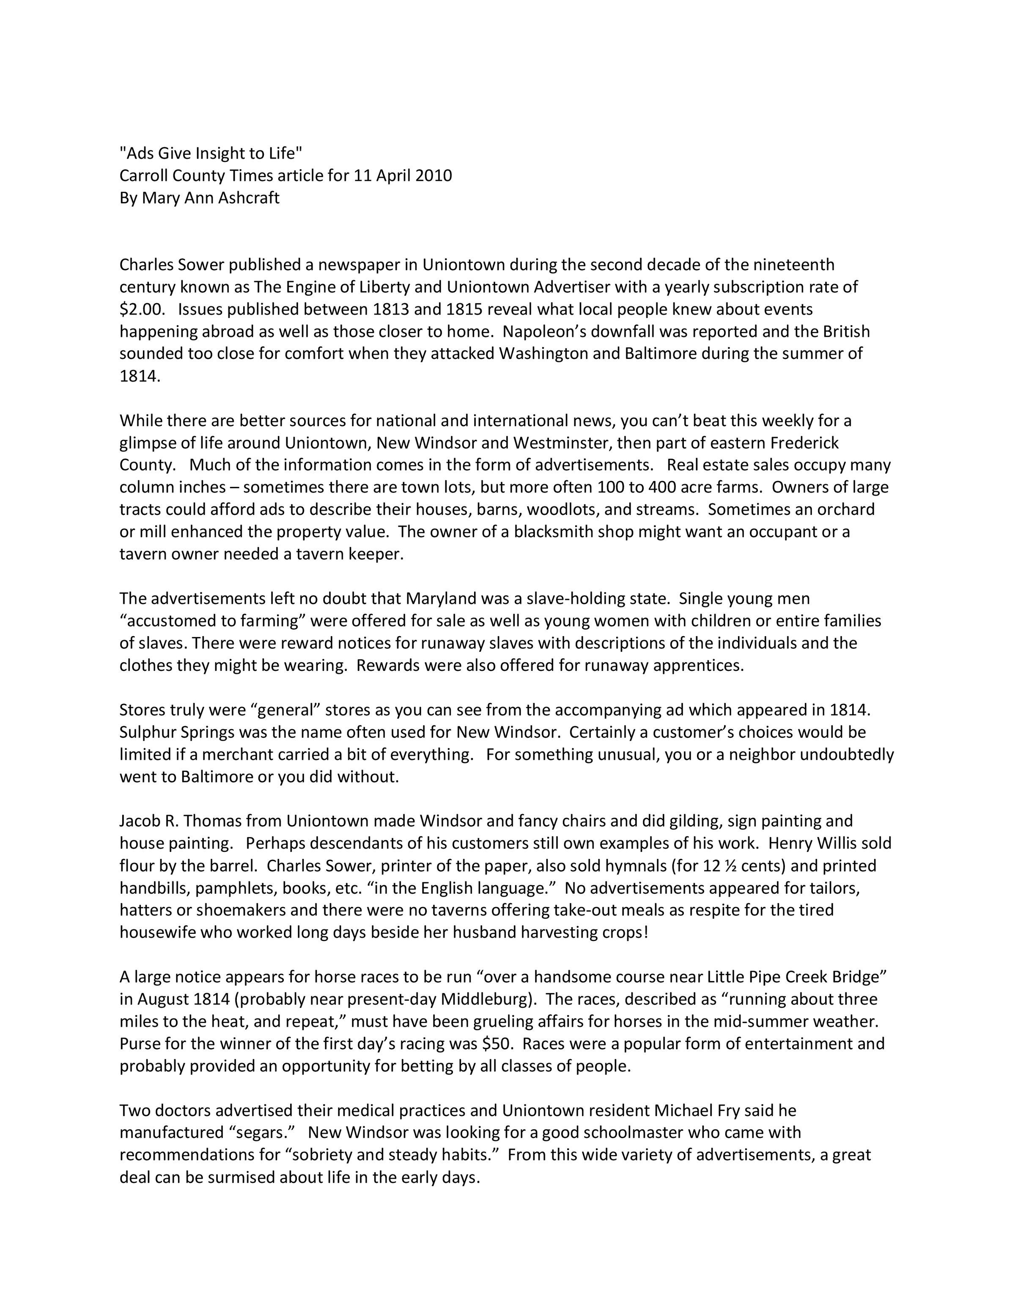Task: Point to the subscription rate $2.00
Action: (x=141, y=309)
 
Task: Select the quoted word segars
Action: (x=261, y=1132)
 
